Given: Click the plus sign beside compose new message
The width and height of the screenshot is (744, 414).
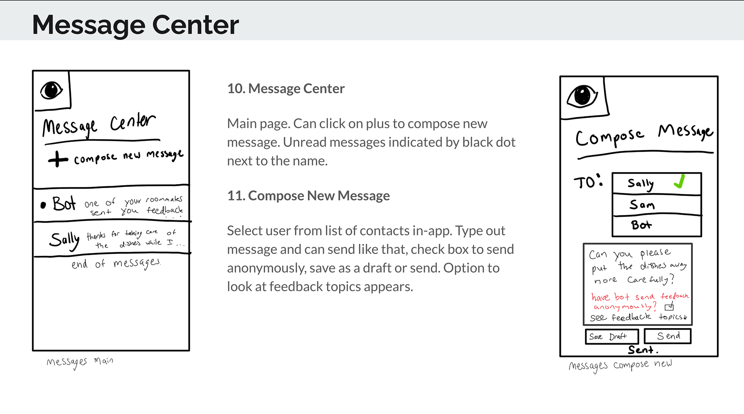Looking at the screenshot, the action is click(58, 159).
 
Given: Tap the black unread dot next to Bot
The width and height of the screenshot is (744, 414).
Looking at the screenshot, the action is click(43, 205).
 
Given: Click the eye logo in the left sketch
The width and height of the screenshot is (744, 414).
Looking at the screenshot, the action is click(51, 90).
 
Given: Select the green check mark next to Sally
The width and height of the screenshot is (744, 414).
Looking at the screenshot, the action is click(680, 181).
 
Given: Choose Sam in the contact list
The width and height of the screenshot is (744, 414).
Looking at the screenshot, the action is click(642, 204).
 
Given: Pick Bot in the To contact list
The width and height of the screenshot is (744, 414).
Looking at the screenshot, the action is click(641, 225).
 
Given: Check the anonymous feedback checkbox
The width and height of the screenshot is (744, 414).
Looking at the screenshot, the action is click(669, 307).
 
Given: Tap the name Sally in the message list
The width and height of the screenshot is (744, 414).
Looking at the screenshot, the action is click(64, 240).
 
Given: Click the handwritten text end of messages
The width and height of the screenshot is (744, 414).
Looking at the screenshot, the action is click(115, 264).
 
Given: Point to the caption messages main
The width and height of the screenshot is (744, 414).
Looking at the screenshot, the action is click(80, 362).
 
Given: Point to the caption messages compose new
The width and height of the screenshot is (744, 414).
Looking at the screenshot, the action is click(620, 365).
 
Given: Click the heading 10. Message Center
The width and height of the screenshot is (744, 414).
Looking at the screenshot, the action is click(286, 88).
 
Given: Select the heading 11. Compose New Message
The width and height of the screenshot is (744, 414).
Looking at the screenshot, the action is click(308, 196).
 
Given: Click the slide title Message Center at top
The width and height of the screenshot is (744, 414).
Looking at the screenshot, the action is click(135, 25).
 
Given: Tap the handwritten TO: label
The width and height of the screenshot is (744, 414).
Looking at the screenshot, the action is click(588, 182).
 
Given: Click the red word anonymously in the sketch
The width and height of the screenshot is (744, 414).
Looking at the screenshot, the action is click(624, 307).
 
